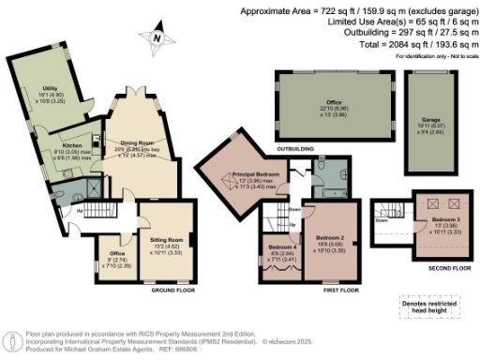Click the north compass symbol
[x=158, y=37]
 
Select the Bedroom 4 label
[x=278, y=248]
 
